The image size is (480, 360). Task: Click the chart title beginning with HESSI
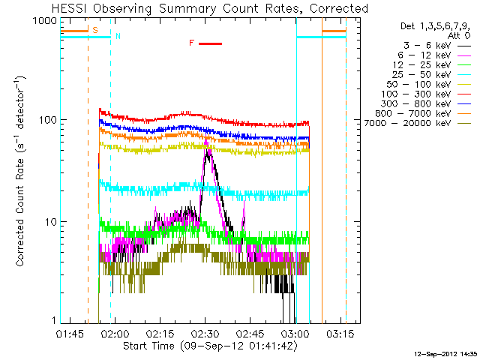tap(210, 8)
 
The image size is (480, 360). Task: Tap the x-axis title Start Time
tap(210, 346)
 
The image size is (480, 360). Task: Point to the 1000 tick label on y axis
tap(45, 21)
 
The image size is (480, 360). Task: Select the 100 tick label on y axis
tap(48, 120)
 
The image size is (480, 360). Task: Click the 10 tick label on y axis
tap(51, 222)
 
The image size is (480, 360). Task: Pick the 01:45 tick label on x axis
tap(70, 333)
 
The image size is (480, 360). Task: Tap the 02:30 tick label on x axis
tap(205, 333)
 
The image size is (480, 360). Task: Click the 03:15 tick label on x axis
tap(340, 333)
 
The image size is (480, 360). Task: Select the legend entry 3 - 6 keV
tap(437, 46)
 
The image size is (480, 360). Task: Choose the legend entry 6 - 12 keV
tap(434, 55)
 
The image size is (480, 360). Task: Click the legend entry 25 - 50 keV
tap(431, 75)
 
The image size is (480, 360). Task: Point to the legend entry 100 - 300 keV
tap(426, 94)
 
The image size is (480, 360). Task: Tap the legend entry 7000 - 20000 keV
tap(418, 123)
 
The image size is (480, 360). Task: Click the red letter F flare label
tap(192, 43)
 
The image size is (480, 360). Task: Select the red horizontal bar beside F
tap(210, 43)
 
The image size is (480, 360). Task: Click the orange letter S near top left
tap(95, 30)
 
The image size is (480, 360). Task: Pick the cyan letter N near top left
tap(118, 36)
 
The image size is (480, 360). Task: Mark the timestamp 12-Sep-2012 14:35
tap(445, 354)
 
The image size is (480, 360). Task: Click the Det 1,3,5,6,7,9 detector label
tap(435, 27)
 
